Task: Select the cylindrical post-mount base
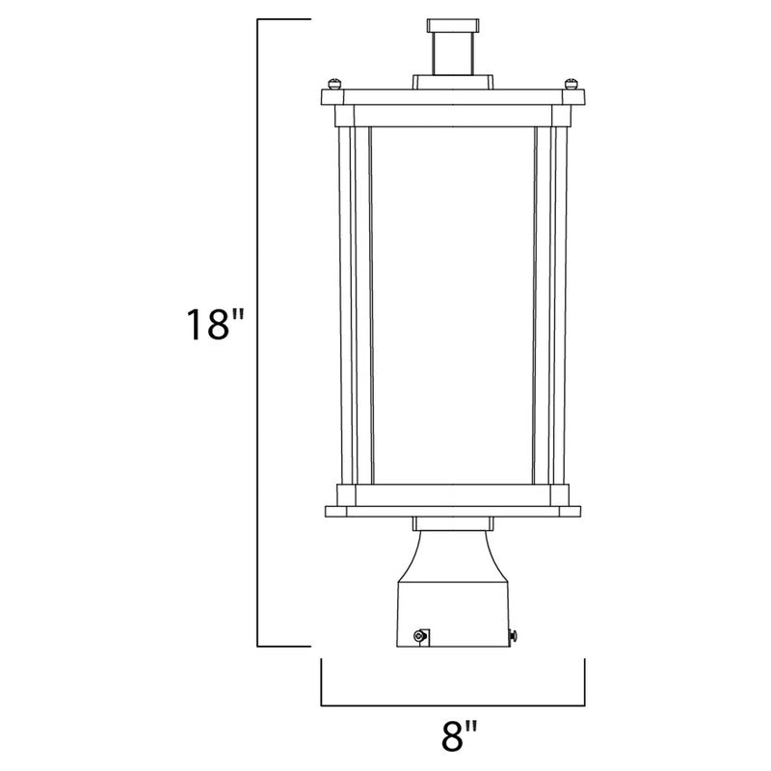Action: pos(452,607)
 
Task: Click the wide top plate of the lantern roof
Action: pos(452,96)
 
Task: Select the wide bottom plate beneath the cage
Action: pos(452,508)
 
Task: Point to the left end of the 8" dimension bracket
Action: pos(321,682)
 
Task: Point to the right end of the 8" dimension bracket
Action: pos(584,682)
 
